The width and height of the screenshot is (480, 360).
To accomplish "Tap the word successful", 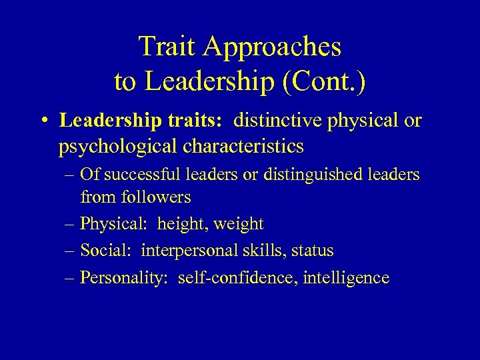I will [137, 175].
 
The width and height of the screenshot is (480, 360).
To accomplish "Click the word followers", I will [154, 197].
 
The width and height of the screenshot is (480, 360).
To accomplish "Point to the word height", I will [182, 224].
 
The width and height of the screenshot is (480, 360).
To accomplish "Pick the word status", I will [312, 251].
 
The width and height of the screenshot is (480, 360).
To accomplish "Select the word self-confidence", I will [235, 277].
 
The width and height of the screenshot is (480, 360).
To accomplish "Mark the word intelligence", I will [345, 277].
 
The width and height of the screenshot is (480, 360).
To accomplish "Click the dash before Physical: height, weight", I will [70, 224].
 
